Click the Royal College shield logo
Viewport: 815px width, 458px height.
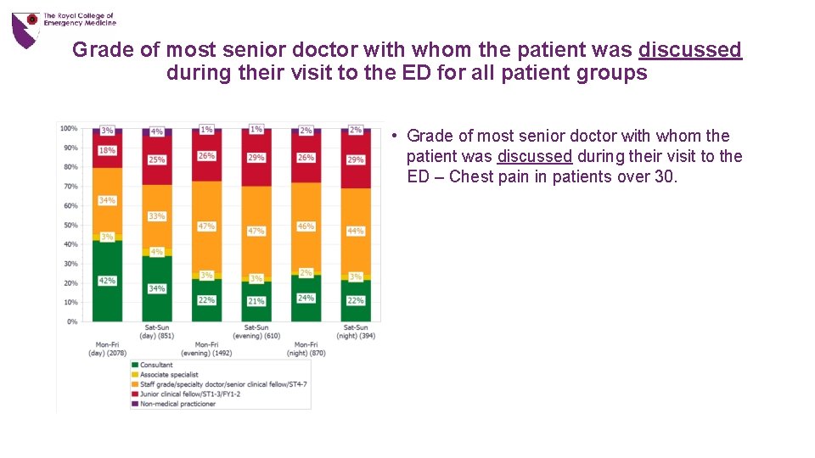25,29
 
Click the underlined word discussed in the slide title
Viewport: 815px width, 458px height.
690,50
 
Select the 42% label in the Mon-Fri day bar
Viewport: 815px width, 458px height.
107,281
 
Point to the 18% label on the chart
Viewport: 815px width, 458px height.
107,151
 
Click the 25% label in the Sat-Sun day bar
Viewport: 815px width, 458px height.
157,159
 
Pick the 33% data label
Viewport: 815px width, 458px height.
157,216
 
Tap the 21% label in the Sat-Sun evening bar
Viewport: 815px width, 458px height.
256,301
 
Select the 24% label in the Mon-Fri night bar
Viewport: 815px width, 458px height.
306,298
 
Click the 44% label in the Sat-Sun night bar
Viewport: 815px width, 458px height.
356,231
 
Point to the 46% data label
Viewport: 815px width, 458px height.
306,226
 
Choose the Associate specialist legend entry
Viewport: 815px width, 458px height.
169,375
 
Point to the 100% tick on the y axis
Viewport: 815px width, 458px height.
69,129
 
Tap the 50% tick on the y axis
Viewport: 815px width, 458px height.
70,226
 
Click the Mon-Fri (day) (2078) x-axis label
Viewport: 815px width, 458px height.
107,349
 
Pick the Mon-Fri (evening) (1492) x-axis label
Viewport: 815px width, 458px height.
206,349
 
